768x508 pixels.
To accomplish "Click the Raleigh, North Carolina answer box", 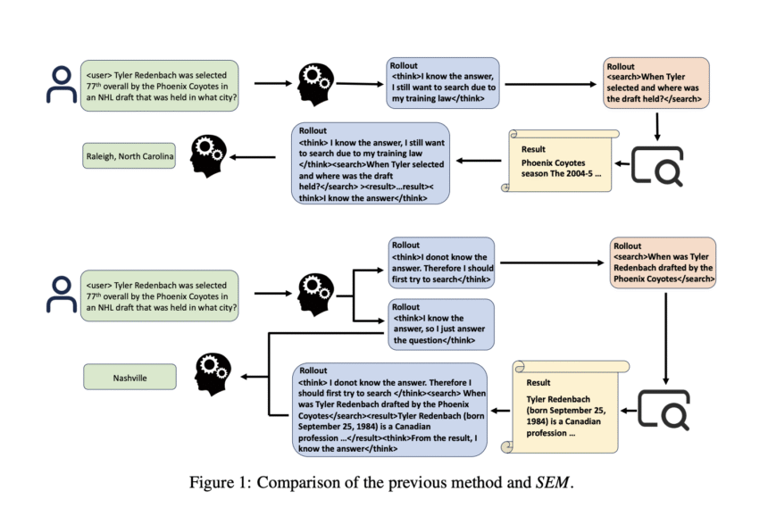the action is (x=129, y=155).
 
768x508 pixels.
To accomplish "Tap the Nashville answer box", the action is (x=129, y=377).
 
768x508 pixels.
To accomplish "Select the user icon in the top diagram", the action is (x=62, y=85).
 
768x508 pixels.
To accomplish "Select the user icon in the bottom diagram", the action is (x=62, y=294).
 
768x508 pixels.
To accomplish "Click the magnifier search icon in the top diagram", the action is (x=657, y=166).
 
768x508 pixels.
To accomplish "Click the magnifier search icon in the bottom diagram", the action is (x=664, y=410).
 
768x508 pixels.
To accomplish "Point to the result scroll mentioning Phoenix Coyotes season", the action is (x=559, y=161).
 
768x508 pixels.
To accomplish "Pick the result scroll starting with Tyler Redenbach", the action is (x=564, y=406).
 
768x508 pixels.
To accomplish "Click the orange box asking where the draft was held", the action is (x=655, y=82).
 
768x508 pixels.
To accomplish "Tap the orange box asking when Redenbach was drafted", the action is (x=663, y=262).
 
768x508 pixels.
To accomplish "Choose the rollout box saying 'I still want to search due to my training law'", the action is (x=443, y=82).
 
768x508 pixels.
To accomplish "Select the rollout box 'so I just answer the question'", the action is (x=441, y=324).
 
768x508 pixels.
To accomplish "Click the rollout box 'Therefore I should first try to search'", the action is (x=441, y=262).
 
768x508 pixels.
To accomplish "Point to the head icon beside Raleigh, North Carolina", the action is (x=209, y=156).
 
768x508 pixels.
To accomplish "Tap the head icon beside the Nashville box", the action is (x=213, y=375).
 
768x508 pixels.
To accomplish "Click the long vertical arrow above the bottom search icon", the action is (x=665, y=338).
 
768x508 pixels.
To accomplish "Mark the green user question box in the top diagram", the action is (x=160, y=86).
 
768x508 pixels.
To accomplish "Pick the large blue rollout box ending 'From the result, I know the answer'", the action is (x=390, y=410).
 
